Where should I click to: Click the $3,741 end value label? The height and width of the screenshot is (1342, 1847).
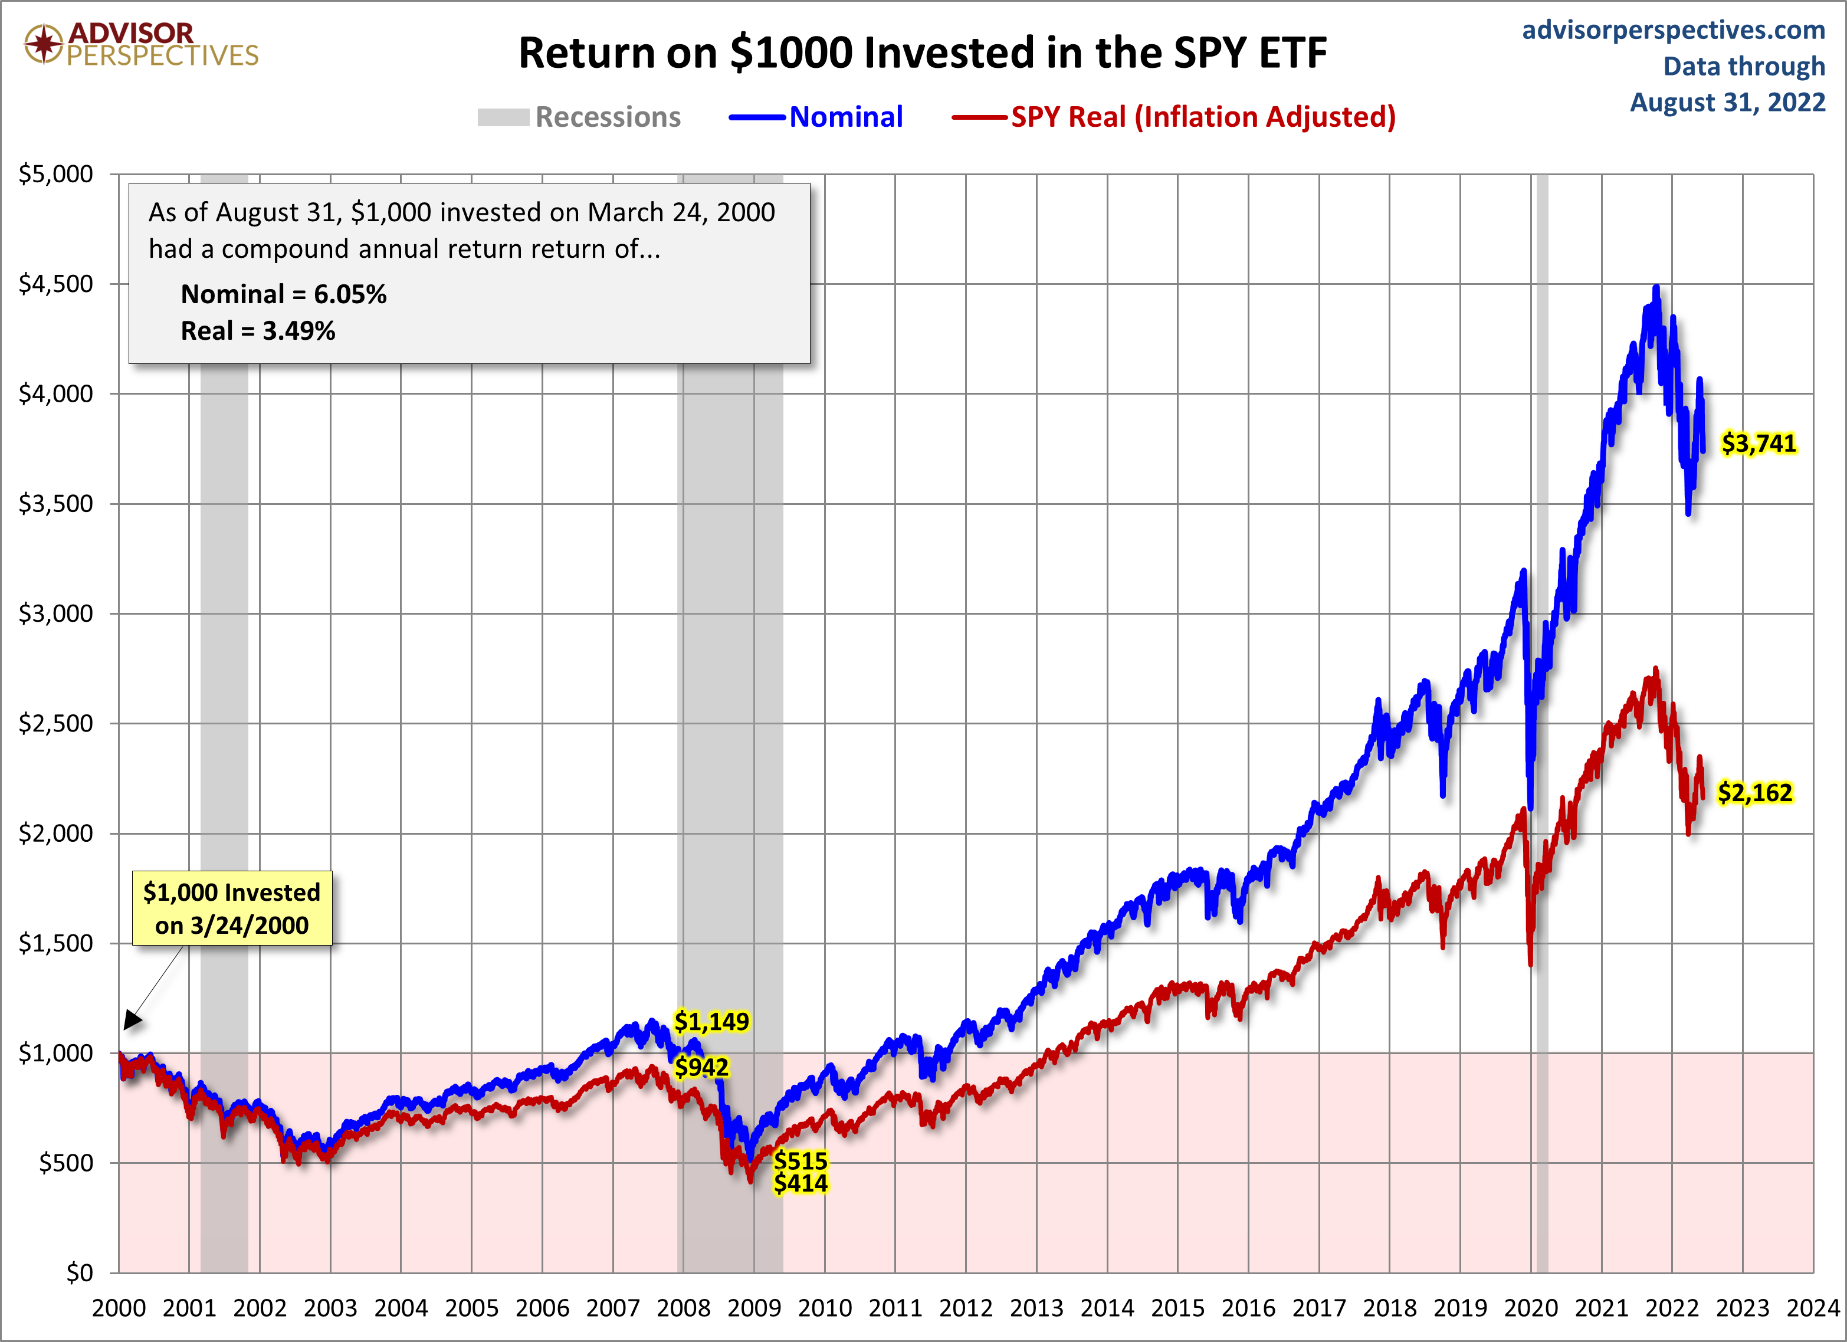tap(1757, 444)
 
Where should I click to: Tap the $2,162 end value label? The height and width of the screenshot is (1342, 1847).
tap(1754, 792)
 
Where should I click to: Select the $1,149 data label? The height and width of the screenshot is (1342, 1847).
tap(711, 1021)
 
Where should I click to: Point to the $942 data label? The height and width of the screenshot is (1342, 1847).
tap(701, 1067)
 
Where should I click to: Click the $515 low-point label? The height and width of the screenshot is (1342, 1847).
tap(800, 1160)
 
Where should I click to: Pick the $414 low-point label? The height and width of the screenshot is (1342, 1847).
tap(800, 1183)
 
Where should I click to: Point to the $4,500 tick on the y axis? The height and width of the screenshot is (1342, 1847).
tap(56, 284)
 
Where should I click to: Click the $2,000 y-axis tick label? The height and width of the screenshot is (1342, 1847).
tap(56, 833)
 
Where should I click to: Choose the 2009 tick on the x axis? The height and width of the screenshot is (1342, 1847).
tap(754, 1308)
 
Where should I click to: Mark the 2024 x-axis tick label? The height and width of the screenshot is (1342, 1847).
tap(1813, 1308)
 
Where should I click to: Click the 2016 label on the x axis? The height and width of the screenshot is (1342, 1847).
tap(1248, 1308)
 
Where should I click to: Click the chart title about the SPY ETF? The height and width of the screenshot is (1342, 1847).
tap(923, 53)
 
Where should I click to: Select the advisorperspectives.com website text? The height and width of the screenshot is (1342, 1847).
tap(1674, 30)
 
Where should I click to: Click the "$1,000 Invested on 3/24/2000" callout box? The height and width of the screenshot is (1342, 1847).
tap(232, 908)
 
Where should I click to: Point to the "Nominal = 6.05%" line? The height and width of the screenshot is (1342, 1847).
tap(283, 294)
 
